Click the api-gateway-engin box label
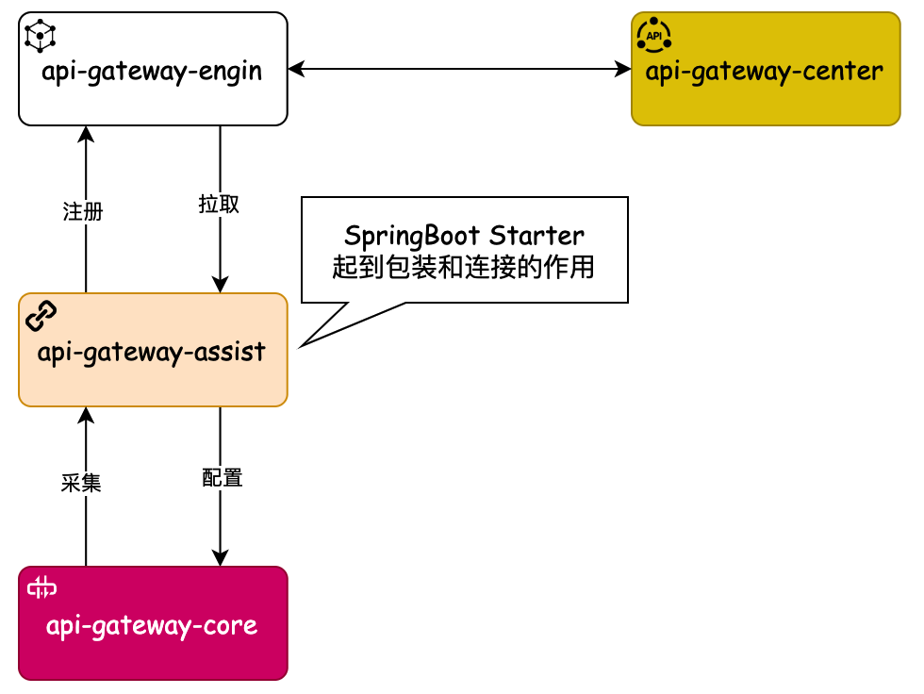pos(152,72)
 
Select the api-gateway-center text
pos(765,72)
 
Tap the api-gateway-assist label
pos(152,353)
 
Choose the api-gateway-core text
pos(152,626)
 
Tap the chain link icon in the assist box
pos(41,316)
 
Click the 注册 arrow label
pos(83,212)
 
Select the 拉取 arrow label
pos(219,205)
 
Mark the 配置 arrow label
pos(223,478)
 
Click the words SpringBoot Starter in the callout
pos(464,235)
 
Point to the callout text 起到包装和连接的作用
pos(464,267)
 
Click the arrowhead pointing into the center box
pos(623,69)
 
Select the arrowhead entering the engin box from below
pos(86,134)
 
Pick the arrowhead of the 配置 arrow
pos(221,558)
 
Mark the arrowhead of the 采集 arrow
pos(86,415)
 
